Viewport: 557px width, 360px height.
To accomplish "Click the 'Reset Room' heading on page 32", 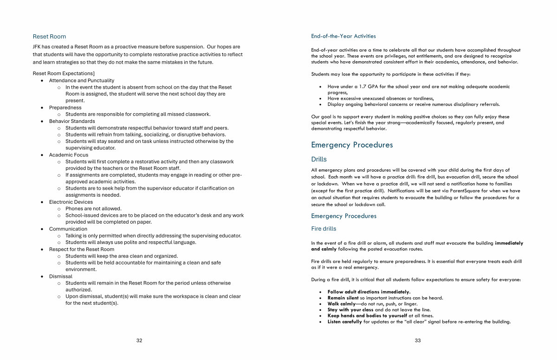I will pyautogui.click(x=49, y=37).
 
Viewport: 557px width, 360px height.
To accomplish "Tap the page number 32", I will pyautogui.click(x=139, y=341).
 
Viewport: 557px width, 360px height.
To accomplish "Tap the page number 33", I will pyautogui.click(x=418, y=341).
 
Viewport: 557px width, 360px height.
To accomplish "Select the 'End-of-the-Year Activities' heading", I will pyautogui.click(x=343, y=36).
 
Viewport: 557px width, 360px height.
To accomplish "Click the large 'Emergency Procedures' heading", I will pyautogui.click(x=352, y=145).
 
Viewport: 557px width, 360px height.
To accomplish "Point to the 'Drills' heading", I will pyautogui.click(x=319, y=159).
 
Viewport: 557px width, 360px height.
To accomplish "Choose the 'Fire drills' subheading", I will pyautogui.click(x=324, y=229).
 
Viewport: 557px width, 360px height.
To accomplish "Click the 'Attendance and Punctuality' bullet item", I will pyautogui.click(x=82, y=80).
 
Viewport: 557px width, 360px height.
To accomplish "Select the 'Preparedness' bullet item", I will pyautogui.click(x=65, y=108).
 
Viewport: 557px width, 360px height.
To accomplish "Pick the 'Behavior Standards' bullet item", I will pyautogui.click(x=72, y=121).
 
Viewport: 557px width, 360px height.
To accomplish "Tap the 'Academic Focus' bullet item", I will pyautogui.click(x=69, y=155).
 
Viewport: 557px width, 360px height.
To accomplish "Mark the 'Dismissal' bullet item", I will pyautogui.click(x=61, y=276).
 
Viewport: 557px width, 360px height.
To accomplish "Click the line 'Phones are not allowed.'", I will pyautogui.click(x=93, y=209).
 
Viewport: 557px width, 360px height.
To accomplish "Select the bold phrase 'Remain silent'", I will pyautogui.click(x=343, y=298).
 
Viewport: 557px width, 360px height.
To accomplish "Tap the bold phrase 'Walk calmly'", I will pyautogui.click(x=341, y=304).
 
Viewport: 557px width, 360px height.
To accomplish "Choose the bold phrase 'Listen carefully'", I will pyautogui.click(x=344, y=322).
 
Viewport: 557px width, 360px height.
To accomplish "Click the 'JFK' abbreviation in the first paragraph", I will pyautogui.click(x=37, y=47).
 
